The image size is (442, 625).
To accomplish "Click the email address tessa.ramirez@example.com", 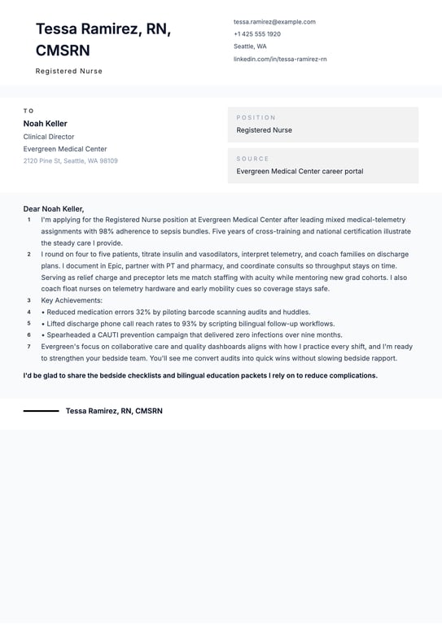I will click(274, 22).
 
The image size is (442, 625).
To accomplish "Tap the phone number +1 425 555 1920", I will click(257, 34).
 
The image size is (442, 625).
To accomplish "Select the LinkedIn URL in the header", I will click(280, 59).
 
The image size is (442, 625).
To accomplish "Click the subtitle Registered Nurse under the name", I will click(69, 72).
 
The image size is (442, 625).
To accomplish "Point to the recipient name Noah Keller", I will click(46, 124).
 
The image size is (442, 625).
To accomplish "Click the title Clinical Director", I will click(49, 137).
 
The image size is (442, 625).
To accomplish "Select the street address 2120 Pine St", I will click(42, 161).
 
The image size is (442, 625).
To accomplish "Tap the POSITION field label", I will click(256, 118).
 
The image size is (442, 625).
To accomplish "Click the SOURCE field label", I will click(252, 159).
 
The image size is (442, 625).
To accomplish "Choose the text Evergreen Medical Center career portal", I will click(300, 172).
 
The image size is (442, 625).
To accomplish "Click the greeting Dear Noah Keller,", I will click(54, 209).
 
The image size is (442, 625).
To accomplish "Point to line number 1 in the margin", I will click(28, 220).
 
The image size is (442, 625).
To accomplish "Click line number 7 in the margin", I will click(28, 346).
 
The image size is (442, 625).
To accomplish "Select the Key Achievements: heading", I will click(72, 300).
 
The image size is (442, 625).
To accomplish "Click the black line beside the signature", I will click(41, 411).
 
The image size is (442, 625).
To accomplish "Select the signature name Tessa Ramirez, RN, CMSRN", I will click(114, 411).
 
